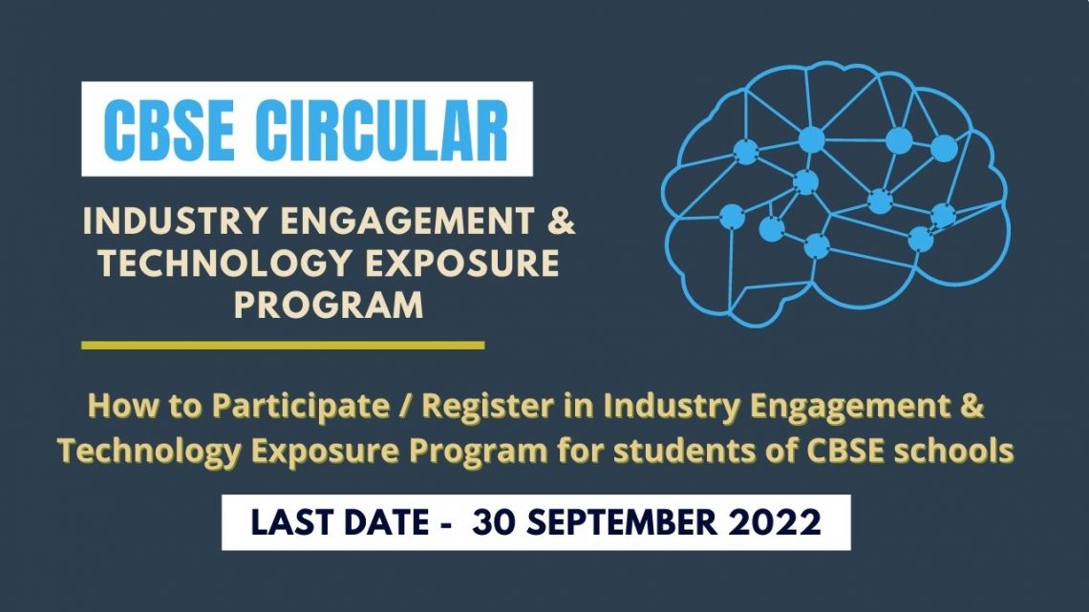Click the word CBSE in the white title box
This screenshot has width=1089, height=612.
[x=168, y=130]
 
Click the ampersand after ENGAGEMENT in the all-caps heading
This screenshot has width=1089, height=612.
[x=564, y=222]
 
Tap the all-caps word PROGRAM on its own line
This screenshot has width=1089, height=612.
[x=330, y=306]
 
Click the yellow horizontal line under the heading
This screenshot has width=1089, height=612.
[x=283, y=345]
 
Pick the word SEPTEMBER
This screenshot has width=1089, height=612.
[x=627, y=523]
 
